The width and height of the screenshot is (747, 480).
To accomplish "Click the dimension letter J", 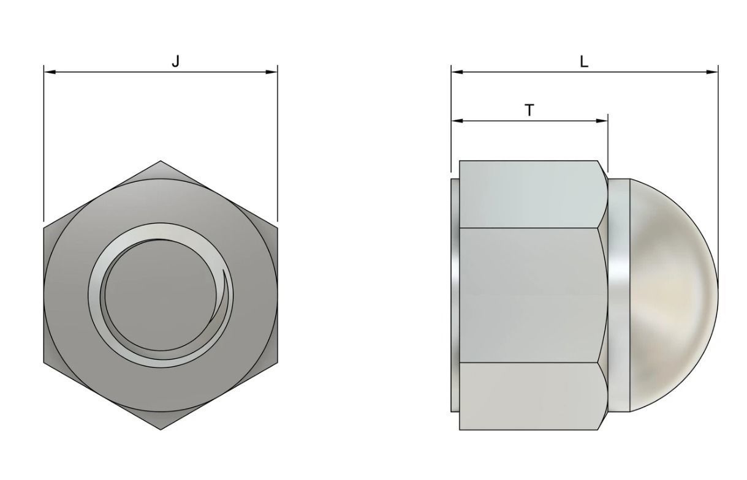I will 176,61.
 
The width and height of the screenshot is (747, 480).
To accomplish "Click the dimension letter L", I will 584,61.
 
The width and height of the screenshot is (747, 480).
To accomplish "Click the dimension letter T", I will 529,110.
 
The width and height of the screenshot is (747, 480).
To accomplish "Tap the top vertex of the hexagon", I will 161,162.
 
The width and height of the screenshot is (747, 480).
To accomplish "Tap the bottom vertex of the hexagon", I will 161,429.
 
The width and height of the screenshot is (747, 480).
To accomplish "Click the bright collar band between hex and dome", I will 620,294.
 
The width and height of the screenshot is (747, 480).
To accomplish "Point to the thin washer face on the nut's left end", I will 455,294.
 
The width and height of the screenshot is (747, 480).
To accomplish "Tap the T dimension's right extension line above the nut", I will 608,141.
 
